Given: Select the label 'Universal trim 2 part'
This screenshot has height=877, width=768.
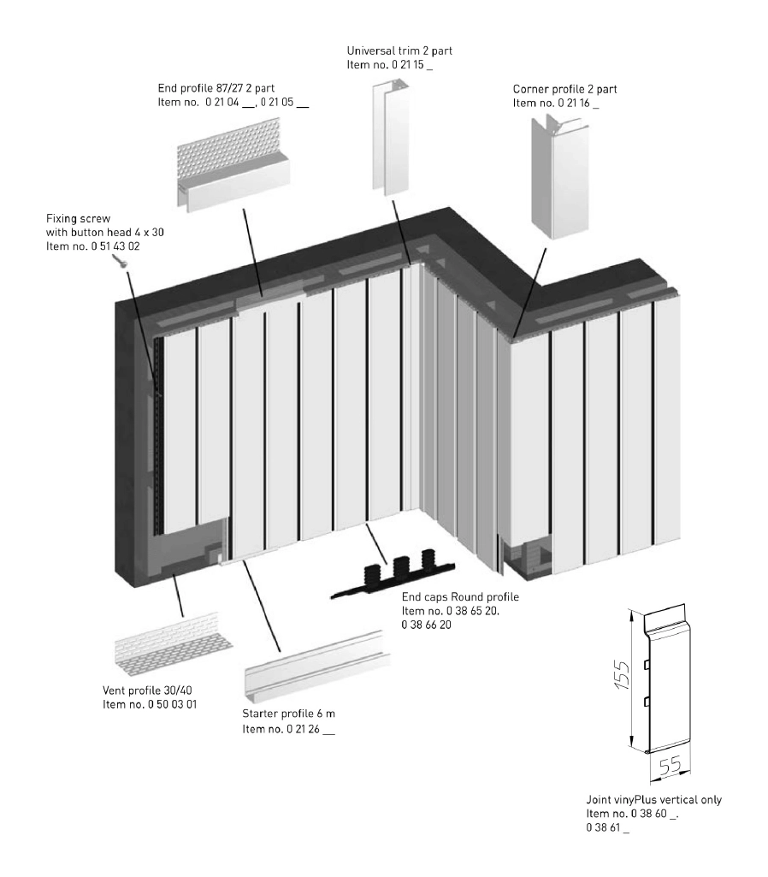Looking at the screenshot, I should click(x=399, y=51).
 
